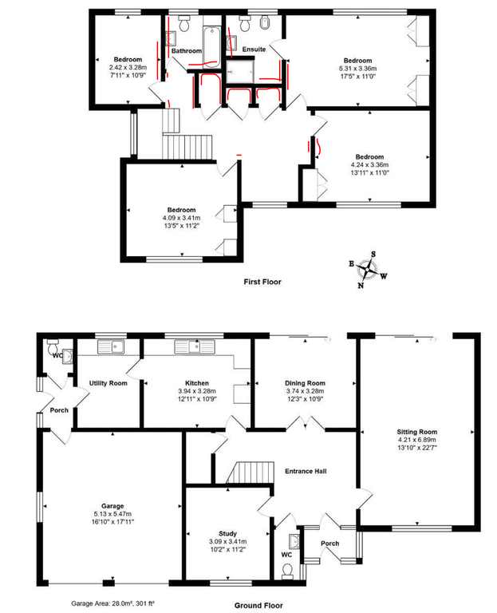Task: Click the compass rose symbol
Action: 368,269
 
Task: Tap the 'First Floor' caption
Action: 262,282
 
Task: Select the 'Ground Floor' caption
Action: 258,606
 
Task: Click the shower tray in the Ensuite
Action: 240,71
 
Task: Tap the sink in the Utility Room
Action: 112,346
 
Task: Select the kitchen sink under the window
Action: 195,346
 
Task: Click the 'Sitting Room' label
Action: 417,432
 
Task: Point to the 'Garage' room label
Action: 112,506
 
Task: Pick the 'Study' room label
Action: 228,534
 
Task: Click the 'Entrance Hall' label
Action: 306,471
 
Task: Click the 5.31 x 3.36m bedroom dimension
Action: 358,69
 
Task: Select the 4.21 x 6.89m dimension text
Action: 417,440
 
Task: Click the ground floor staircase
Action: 249,473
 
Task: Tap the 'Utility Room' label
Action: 108,383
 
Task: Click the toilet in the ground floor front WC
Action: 287,571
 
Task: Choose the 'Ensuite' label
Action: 254,49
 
